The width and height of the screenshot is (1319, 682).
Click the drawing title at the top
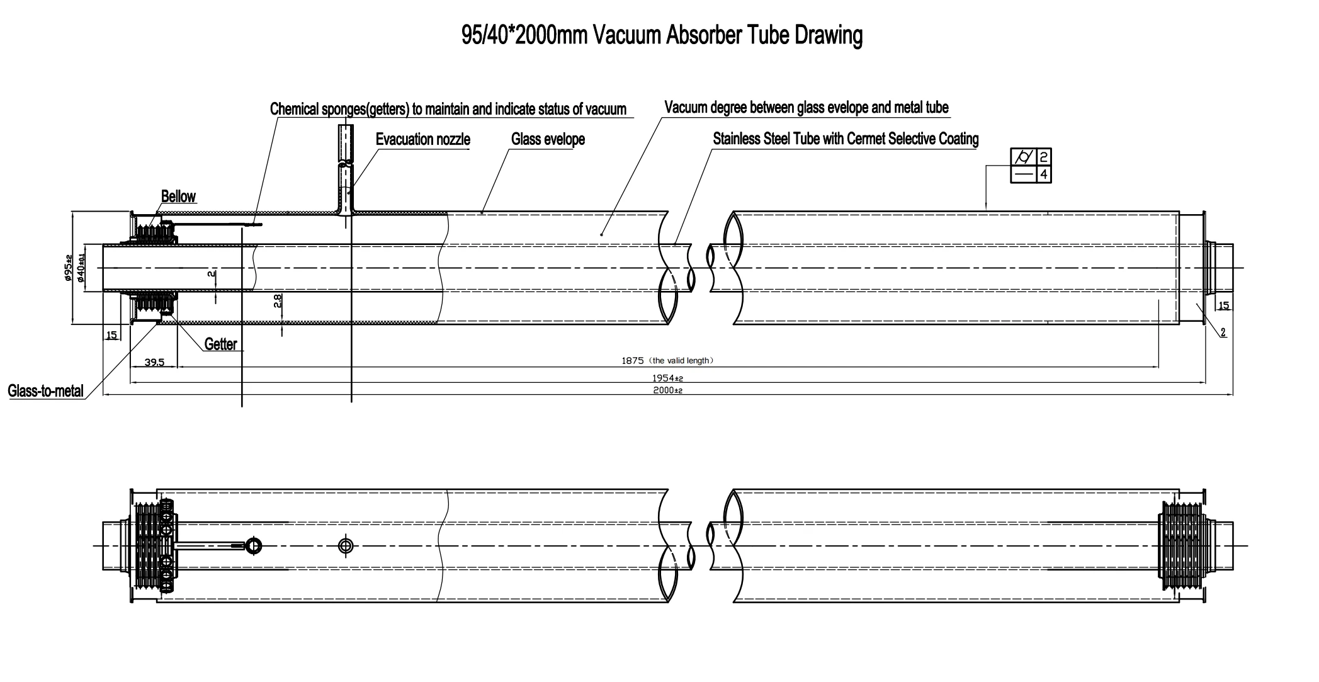point(662,35)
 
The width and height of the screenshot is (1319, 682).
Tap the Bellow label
point(178,196)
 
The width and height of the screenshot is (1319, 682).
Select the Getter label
point(220,344)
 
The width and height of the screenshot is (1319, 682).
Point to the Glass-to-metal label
point(45,391)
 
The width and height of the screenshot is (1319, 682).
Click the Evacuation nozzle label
point(422,139)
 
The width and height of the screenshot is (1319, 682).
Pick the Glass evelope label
point(548,139)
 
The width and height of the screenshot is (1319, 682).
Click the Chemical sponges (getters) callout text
point(448,109)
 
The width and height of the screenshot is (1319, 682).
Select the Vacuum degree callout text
point(806,108)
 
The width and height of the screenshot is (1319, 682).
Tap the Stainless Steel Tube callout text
point(846,139)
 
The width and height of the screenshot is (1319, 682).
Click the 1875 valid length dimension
point(667,361)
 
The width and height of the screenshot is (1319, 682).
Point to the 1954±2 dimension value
point(667,378)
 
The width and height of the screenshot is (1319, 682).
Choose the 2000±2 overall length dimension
point(667,390)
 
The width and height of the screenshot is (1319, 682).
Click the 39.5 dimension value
point(154,362)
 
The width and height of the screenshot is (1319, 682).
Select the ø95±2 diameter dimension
point(68,268)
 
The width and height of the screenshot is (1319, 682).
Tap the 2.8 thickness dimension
point(278,301)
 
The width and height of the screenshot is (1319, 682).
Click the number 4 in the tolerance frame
point(1043,174)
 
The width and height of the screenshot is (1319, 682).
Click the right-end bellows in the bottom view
point(1180,545)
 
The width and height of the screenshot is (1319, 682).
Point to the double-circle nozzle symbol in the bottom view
point(345,545)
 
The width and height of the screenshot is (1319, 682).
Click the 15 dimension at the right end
point(1223,305)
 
